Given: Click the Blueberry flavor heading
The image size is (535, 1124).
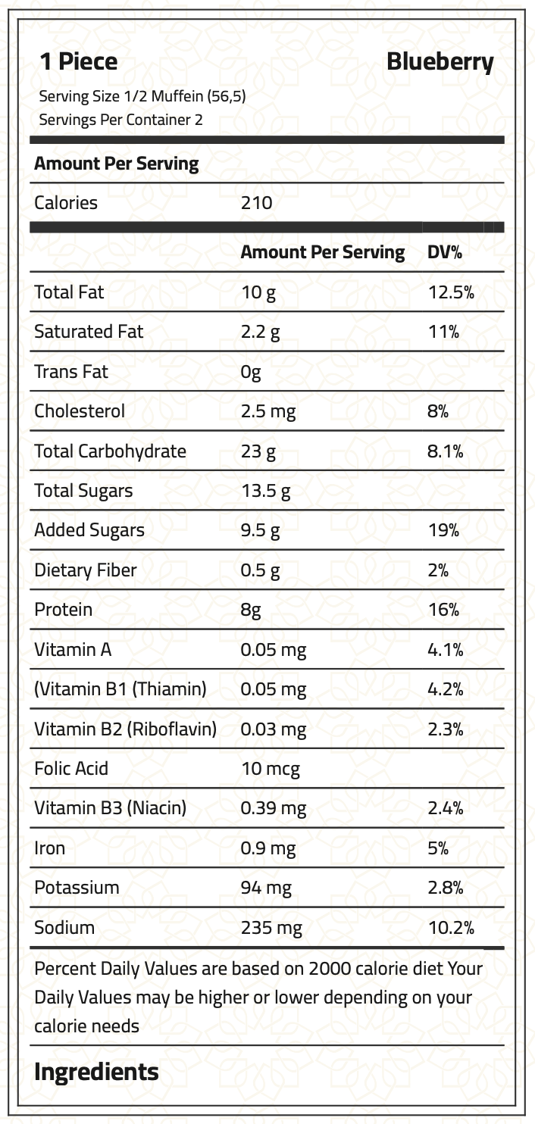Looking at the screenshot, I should pyautogui.click(x=440, y=62).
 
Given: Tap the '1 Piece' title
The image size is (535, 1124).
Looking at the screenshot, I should pyautogui.click(x=79, y=62).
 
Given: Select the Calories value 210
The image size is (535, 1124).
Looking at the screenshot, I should pyautogui.click(x=256, y=203).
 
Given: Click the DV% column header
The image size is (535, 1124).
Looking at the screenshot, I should pyautogui.click(x=445, y=252).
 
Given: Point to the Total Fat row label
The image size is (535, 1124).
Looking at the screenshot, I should pyautogui.click(x=69, y=292).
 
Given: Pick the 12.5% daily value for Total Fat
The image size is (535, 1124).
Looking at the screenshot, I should pyautogui.click(x=451, y=292).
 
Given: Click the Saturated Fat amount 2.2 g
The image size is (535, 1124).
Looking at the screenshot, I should pyautogui.click(x=260, y=332).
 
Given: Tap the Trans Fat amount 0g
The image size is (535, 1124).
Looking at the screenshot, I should pyautogui.click(x=251, y=372).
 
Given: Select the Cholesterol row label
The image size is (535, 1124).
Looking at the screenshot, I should pyautogui.click(x=80, y=411).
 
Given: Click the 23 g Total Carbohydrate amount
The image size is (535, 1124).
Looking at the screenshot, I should pyautogui.click(x=258, y=451).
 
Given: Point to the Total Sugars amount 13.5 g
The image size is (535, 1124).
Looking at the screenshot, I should pyautogui.click(x=265, y=491).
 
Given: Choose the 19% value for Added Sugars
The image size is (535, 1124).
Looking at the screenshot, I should pyautogui.click(x=443, y=530).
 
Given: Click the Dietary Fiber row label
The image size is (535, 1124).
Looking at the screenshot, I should pyautogui.click(x=85, y=570).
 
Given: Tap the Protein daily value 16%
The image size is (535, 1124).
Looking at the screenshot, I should pyautogui.click(x=443, y=610).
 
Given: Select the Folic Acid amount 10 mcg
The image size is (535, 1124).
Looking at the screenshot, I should pyautogui.click(x=270, y=769).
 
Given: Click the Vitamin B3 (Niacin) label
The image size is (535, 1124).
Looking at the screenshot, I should pyautogui.click(x=110, y=808).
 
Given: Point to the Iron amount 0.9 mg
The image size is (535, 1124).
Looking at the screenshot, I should pyautogui.click(x=268, y=848).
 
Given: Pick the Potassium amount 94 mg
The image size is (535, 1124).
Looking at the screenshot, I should pyautogui.click(x=266, y=888).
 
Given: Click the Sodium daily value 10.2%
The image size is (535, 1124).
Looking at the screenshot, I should pyautogui.click(x=451, y=928).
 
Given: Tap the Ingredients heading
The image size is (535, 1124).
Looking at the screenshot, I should pyautogui.click(x=96, y=1072).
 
